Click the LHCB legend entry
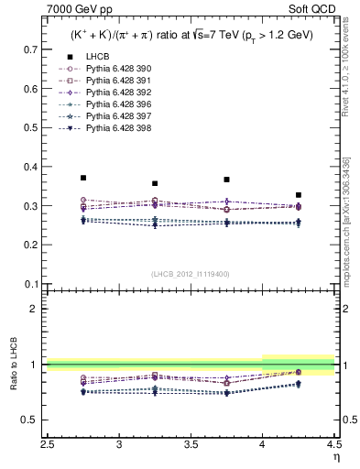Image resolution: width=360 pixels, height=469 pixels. [97, 57]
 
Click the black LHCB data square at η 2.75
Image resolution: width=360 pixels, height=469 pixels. [83, 178]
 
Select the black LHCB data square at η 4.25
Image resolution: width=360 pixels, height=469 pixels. [299, 195]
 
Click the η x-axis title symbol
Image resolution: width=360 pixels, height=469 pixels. [336, 457]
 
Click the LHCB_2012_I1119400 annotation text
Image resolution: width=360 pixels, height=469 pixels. [191, 274]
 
